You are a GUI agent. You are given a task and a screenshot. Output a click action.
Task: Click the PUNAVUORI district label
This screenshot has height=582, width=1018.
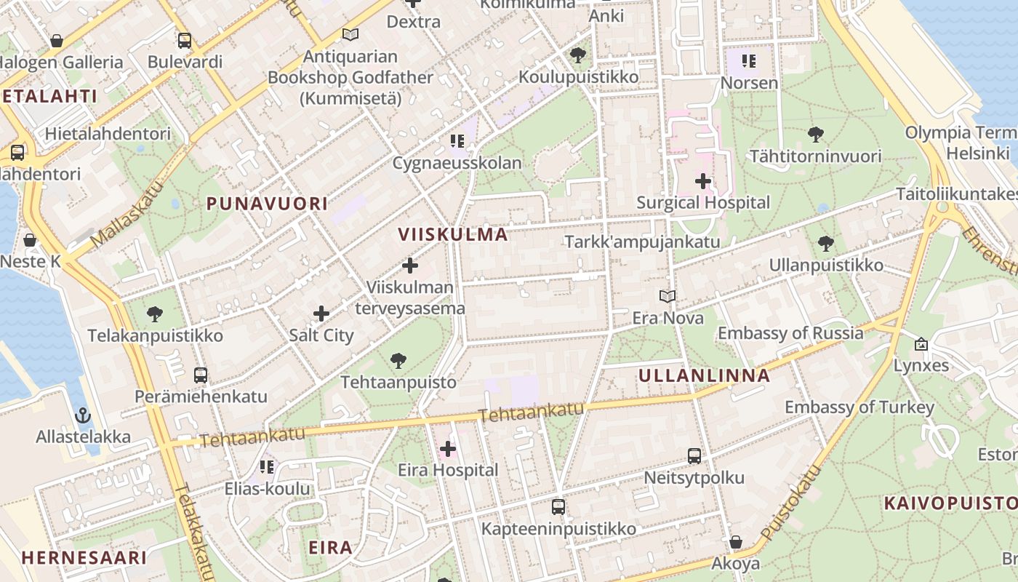pos(267,204)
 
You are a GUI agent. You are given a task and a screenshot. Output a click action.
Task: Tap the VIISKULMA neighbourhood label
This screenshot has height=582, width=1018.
pos(453,234)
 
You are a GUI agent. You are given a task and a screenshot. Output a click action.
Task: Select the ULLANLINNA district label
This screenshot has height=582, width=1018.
pos(704,375)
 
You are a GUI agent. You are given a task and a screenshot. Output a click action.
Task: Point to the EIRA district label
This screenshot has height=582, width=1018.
pos(330,547)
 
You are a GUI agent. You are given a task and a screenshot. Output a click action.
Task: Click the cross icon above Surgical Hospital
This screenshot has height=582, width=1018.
pos(702,180)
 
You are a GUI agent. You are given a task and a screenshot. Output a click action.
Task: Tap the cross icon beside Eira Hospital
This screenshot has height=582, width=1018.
pos(448,449)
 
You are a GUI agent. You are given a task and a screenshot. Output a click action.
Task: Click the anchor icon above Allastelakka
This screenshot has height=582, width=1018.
pos(83,415)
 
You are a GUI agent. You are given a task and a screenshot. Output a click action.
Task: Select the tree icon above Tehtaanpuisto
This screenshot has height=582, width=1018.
pos(398,360)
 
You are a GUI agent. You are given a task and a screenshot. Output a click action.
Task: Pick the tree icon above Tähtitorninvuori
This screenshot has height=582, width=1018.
pos(815,134)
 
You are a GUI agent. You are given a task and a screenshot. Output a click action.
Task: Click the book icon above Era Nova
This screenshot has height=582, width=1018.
pos(668,296)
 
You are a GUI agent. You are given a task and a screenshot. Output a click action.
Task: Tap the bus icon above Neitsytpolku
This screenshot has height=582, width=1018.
pos(694,456)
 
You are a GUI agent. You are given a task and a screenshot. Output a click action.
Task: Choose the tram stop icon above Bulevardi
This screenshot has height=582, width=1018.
pos(185,40)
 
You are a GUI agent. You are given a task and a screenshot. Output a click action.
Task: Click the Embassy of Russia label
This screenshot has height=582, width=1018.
pos(790,333)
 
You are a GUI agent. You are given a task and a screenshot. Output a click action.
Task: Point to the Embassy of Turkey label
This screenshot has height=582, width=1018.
pos(859,407)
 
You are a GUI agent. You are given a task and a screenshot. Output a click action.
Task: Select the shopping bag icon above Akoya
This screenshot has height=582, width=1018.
pos(735,542)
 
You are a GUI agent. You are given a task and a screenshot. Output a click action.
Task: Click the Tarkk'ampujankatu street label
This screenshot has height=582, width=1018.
pos(643,242)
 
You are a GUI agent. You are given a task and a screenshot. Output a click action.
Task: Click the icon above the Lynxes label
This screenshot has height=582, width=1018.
pos(921,343)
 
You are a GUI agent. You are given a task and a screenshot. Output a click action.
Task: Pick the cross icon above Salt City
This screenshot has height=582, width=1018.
pos(321,314)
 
